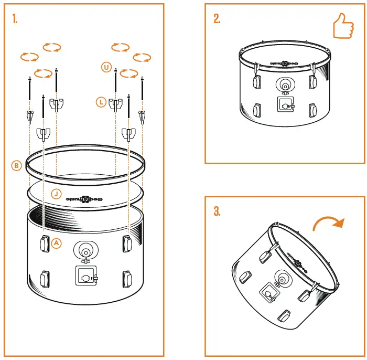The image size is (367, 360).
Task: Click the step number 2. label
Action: [x=217, y=19]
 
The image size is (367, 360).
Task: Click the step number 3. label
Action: [x=217, y=212]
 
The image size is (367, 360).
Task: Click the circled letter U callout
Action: [x=107, y=67]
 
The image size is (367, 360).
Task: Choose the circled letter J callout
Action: [x=56, y=194]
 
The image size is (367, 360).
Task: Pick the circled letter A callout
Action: [x=57, y=243]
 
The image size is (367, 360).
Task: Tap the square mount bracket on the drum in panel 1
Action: [x=85, y=275]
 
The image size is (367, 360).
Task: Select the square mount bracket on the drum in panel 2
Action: [x=284, y=105]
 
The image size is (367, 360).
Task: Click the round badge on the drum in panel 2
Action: [x=284, y=86]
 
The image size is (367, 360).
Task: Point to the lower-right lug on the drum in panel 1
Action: [x=126, y=278]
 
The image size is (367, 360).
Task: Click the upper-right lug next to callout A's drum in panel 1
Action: [x=126, y=242]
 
